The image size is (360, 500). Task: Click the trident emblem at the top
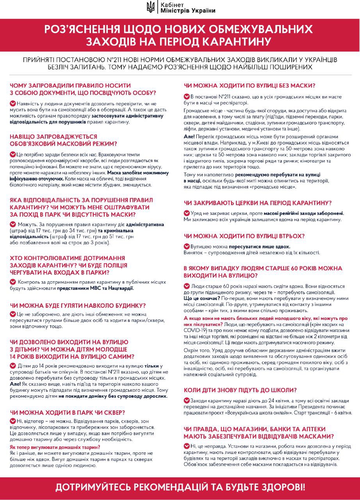(x=150, y=7)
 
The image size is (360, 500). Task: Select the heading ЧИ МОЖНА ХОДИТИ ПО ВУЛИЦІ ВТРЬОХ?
(x=244, y=236)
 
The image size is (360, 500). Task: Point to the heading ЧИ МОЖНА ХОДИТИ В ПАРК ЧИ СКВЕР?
(x=71, y=412)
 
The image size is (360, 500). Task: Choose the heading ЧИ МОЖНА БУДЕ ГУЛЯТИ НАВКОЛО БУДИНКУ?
(x=78, y=305)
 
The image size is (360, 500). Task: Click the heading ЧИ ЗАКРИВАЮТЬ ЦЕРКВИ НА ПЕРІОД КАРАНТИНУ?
(x=258, y=203)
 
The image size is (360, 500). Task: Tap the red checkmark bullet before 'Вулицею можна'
(x=186, y=246)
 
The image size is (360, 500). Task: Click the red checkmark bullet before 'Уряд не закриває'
(x=186, y=213)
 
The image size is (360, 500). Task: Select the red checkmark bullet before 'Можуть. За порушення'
(x=13, y=225)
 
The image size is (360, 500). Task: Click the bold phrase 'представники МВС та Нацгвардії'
(x=95, y=288)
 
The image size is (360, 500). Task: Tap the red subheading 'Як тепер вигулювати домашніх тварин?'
(x=55, y=447)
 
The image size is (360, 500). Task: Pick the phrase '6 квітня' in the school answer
(x=343, y=412)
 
